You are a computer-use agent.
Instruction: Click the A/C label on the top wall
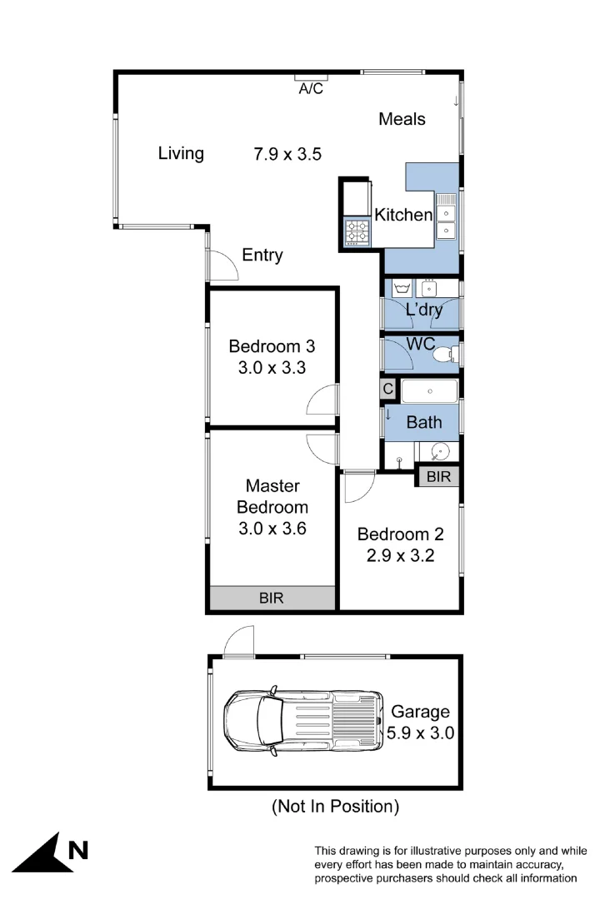(311, 89)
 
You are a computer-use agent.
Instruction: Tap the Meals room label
(402, 119)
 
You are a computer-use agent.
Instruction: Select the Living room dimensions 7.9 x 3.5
(287, 153)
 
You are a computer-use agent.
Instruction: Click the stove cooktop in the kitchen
(357, 231)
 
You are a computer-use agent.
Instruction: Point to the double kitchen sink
(447, 215)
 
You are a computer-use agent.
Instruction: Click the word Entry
(262, 256)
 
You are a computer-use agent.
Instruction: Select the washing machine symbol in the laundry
(402, 288)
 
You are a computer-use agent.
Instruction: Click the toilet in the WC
(447, 353)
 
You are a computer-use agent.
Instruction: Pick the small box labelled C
(387, 389)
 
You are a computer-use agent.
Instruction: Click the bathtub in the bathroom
(429, 390)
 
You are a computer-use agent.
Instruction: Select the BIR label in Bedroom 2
(438, 477)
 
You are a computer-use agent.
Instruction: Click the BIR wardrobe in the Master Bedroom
(271, 598)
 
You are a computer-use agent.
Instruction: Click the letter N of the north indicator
(77, 850)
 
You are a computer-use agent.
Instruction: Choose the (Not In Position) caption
(335, 806)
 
